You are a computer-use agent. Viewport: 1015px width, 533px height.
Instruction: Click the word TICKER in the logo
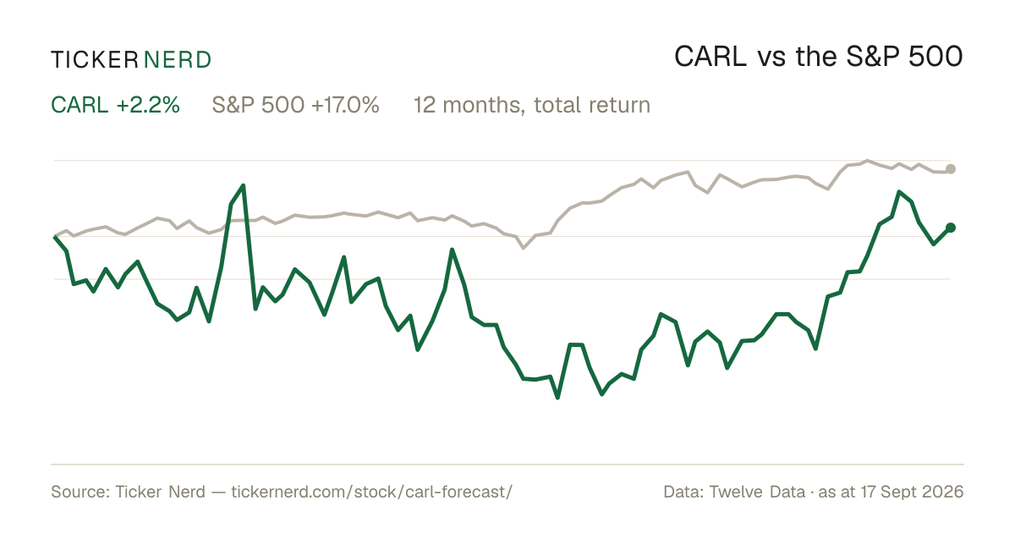click(x=94, y=60)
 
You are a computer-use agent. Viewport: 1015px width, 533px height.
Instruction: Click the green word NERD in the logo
click(x=177, y=60)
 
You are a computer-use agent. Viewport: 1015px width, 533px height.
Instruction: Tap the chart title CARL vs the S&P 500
click(x=819, y=57)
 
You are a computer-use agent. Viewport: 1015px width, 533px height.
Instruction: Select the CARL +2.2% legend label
click(x=116, y=105)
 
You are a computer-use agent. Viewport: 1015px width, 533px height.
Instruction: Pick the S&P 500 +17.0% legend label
click(x=295, y=105)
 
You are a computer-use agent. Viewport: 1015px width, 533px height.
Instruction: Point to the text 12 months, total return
click(x=532, y=105)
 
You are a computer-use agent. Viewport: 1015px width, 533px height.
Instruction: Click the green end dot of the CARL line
click(x=951, y=228)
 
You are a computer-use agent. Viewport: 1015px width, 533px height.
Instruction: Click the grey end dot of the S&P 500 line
click(x=951, y=169)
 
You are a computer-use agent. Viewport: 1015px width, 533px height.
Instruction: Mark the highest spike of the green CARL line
click(x=244, y=185)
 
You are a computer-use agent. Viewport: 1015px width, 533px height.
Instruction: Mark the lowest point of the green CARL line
click(x=557, y=398)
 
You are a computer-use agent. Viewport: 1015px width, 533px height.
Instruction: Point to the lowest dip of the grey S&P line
click(x=524, y=248)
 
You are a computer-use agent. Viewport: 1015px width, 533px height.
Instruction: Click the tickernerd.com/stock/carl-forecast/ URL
click(x=372, y=492)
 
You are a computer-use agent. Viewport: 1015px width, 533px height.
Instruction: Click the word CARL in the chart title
click(x=710, y=57)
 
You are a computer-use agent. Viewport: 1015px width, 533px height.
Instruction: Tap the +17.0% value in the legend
click(x=345, y=105)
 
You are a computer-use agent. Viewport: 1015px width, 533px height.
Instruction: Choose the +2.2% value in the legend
click(x=148, y=105)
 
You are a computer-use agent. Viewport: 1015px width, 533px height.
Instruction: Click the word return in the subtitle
click(x=619, y=105)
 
